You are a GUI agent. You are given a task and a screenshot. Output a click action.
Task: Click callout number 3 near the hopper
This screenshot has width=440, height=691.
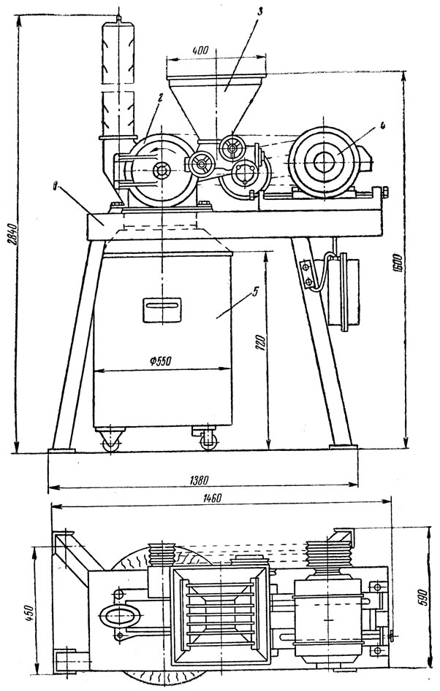point(251,11)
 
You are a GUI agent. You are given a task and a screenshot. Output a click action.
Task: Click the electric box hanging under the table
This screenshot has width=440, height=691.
point(344,288)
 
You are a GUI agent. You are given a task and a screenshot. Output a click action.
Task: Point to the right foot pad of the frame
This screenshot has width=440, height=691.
point(341,444)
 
